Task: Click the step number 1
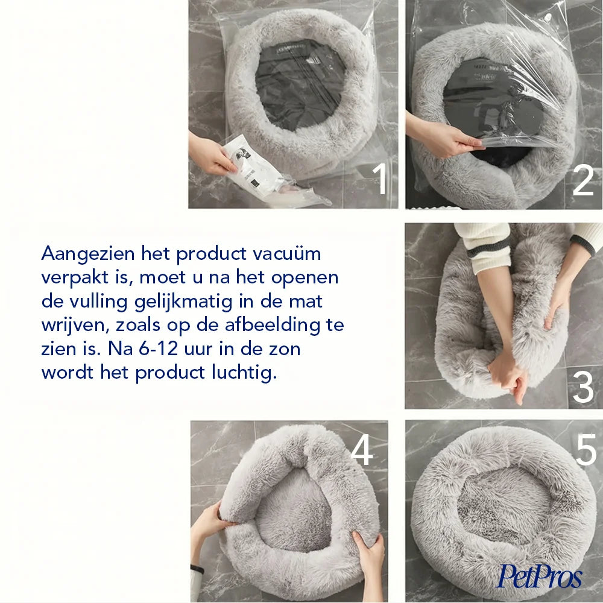(x=380, y=179)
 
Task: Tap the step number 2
(x=583, y=180)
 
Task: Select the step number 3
(x=583, y=387)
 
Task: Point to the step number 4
(x=362, y=449)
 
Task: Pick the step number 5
(x=586, y=449)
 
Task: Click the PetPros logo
(x=540, y=576)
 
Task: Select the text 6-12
(x=159, y=349)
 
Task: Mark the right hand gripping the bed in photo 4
(x=368, y=554)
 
